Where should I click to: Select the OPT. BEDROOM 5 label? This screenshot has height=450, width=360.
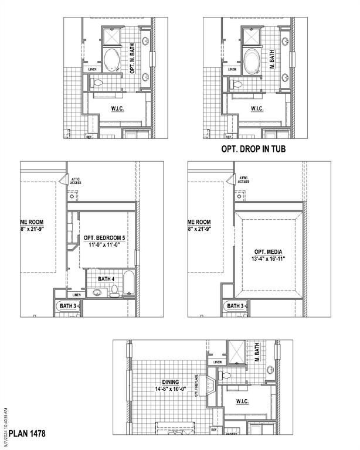click(104, 237)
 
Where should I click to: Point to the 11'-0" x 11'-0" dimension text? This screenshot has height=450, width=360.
click(104, 245)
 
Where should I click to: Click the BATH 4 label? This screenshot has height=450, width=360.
click(107, 279)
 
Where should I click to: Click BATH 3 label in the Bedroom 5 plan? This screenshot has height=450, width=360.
click(67, 306)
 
